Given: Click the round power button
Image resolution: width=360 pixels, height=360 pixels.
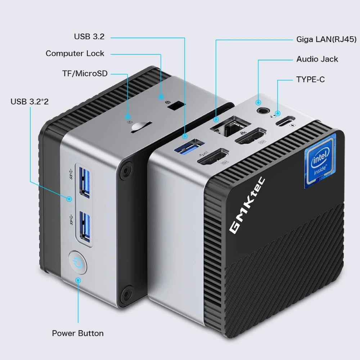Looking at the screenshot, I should coord(77,262).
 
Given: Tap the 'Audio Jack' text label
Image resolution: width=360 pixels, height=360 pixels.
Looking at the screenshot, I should coord(317,59).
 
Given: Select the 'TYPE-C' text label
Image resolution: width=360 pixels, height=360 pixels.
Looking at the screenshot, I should coord(310,79).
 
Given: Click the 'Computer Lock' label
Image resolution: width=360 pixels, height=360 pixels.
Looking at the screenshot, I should coord(75,54).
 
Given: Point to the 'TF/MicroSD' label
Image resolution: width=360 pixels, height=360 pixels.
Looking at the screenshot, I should coord(85,73).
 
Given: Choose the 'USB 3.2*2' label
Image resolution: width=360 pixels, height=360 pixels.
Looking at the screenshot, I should coord(30,102).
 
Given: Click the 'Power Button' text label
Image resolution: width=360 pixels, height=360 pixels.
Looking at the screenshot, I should coord(78,333).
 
